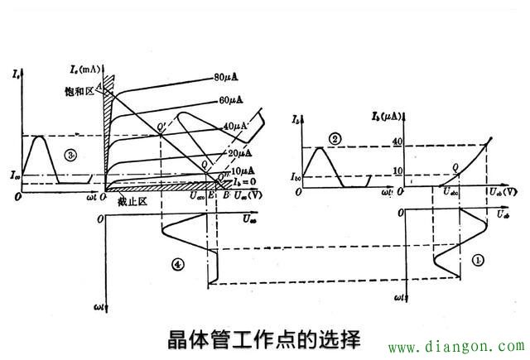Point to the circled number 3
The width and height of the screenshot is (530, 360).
(73, 155)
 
